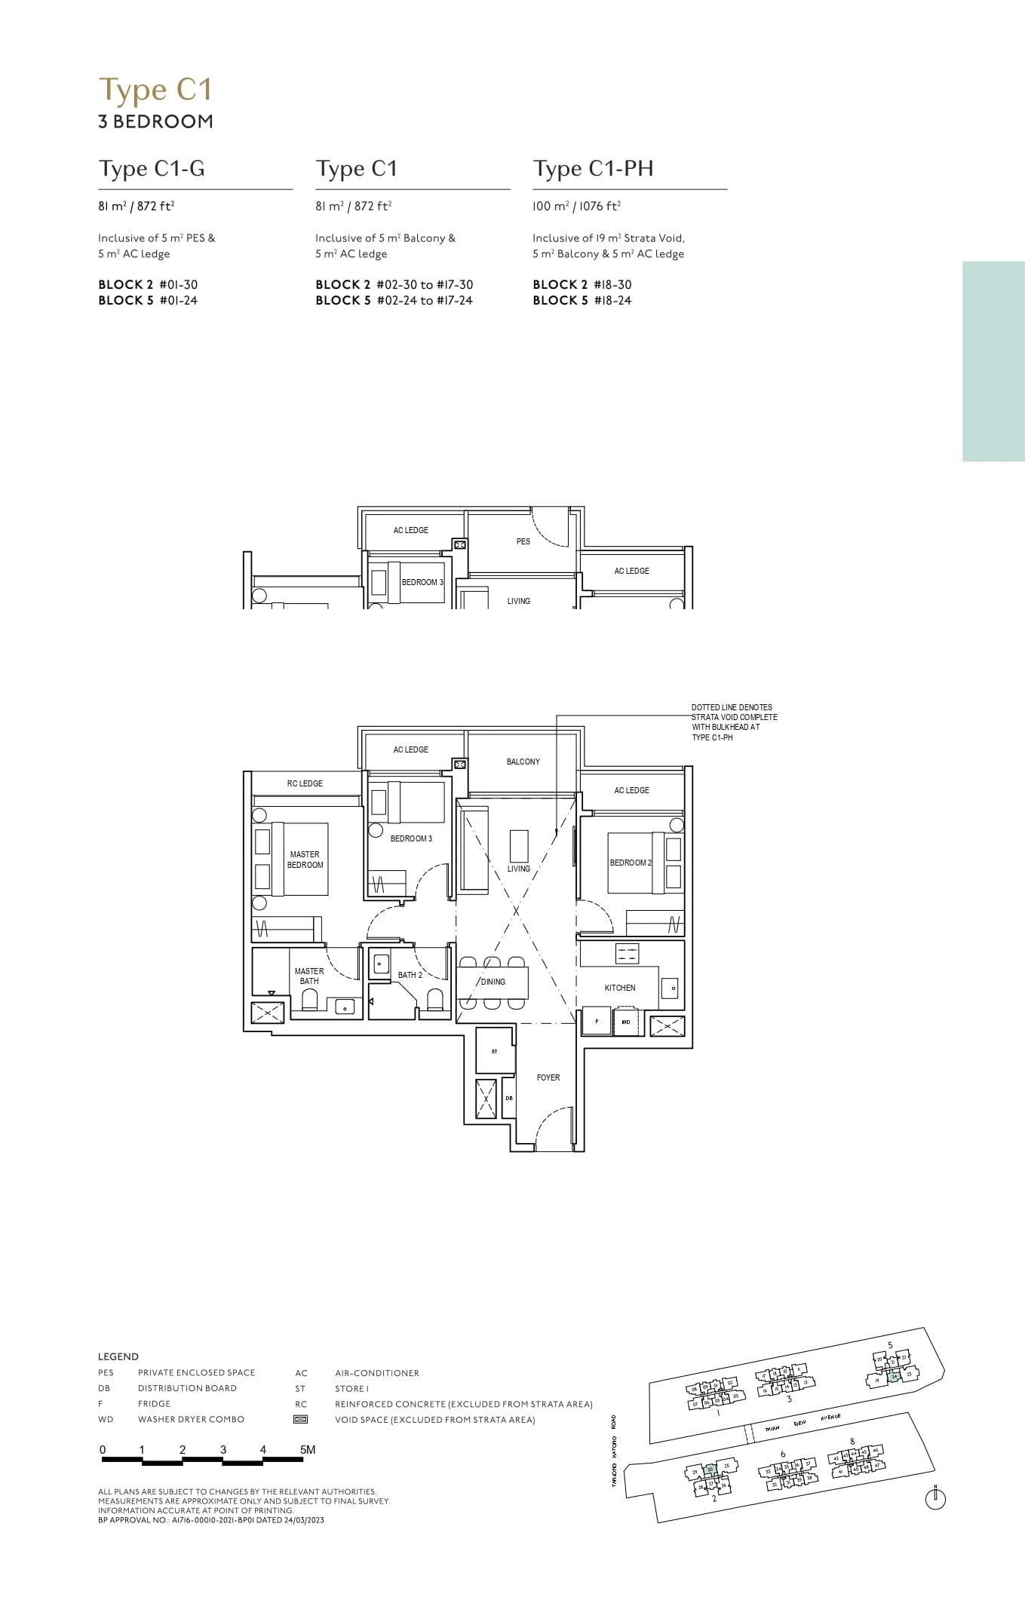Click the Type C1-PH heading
click(593, 169)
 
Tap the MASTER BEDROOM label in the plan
click(305, 860)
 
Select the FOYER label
click(548, 1077)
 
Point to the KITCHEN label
click(620, 988)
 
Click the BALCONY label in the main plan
click(523, 762)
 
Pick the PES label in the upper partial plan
click(523, 541)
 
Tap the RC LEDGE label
click(305, 783)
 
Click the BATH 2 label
click(410, 975)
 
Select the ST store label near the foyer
click(495, 1051)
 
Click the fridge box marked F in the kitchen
click(597, 1022)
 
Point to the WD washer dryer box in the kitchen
click(626, 1022)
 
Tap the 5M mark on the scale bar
click(307, 1449)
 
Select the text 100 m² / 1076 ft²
click(576, 206)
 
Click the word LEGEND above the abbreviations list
click(118, 1356)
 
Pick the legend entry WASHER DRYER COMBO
click(191, 1419)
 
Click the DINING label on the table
click(493, 982)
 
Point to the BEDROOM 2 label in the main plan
click(631, 863)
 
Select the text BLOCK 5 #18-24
click(582, 300)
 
